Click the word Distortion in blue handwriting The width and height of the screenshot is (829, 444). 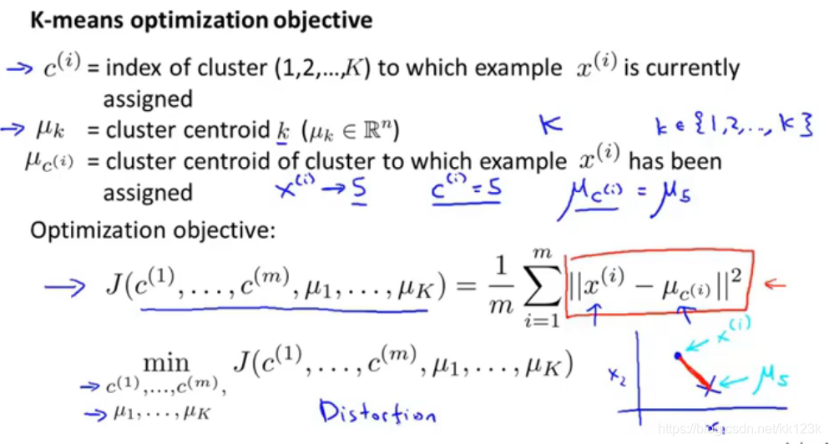(x=378, y=412)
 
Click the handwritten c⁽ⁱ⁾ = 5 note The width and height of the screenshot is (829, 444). (x=467, y=192)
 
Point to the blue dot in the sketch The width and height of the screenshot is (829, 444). (x=677, y=356)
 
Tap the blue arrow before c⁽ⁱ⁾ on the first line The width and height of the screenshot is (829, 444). (x=18, y=68)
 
